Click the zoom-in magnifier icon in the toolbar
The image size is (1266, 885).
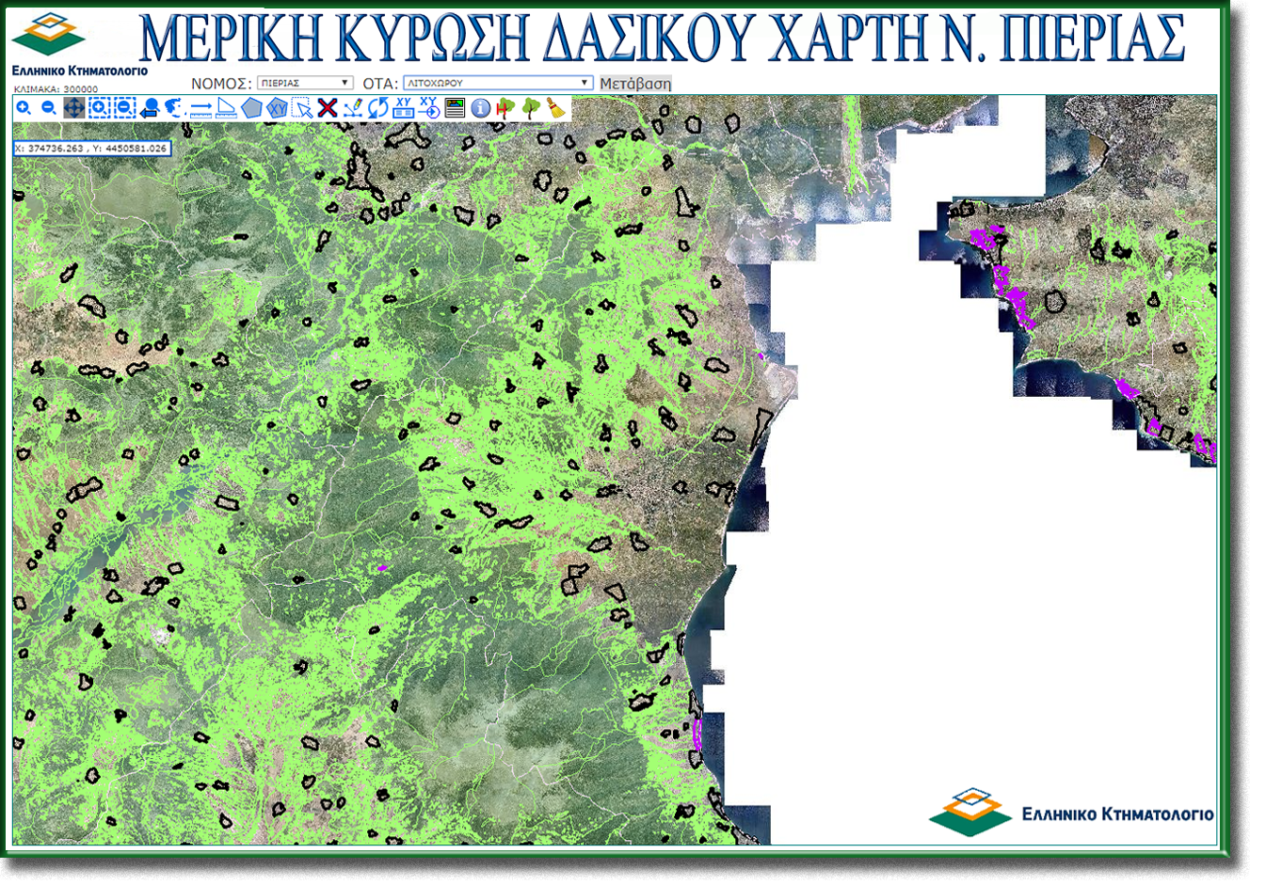24,108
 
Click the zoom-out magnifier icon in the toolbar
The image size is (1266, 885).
49,108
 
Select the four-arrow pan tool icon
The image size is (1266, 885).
73,108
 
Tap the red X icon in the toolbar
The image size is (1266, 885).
327,108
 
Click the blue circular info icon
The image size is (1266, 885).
480,108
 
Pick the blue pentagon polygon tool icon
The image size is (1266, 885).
250,108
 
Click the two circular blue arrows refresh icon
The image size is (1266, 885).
377,108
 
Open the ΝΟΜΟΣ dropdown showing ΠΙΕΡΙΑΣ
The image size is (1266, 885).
305,83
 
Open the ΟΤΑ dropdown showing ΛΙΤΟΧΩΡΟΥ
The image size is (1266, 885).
498,83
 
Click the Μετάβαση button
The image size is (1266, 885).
635,84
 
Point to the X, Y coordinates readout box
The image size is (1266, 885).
91,149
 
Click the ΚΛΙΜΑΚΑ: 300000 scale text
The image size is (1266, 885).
56,89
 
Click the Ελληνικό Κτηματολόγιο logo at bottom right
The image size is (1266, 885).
1070,812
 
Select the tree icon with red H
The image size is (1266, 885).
505,108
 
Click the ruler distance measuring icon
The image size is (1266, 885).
200,109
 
